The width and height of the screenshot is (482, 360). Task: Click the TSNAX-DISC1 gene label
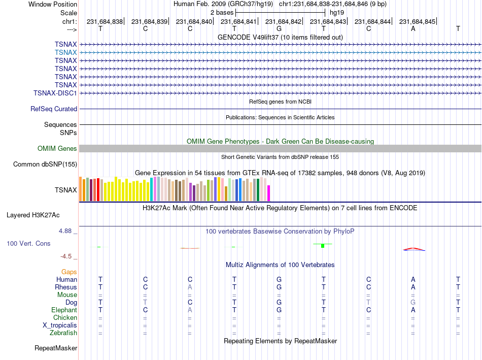click(55, 93)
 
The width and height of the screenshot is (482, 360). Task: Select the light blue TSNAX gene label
click(66, 52)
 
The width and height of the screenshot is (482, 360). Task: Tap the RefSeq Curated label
click(54, 109)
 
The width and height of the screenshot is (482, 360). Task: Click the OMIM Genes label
click(57, 149)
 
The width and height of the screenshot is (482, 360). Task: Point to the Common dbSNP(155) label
click(45, 165)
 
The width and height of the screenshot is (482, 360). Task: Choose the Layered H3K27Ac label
click(33, 215)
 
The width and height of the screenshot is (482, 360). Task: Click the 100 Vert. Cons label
click(28, 243)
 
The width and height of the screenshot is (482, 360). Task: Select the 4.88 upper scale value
click(65, 231)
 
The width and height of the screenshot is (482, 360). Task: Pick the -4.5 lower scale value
click(66, 256)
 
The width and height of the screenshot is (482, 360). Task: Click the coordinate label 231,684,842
click(284, 21)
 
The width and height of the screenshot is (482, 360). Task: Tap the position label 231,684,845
click(417, 21)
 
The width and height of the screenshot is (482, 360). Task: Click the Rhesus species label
click(66, 287)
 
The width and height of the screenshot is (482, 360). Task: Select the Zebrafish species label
click(63, 333)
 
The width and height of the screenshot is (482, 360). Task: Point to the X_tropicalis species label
click(60, 325)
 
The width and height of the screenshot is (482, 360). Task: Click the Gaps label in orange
click(69, 272)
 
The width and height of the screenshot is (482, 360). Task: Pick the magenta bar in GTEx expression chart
click(269, 193)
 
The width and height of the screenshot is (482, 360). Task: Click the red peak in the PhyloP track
click(414, 249)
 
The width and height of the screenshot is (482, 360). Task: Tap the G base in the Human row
click(279, 279)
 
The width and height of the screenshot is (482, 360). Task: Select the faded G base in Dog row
click(413, 302)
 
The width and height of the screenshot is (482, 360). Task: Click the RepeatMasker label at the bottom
click(56, 348)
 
